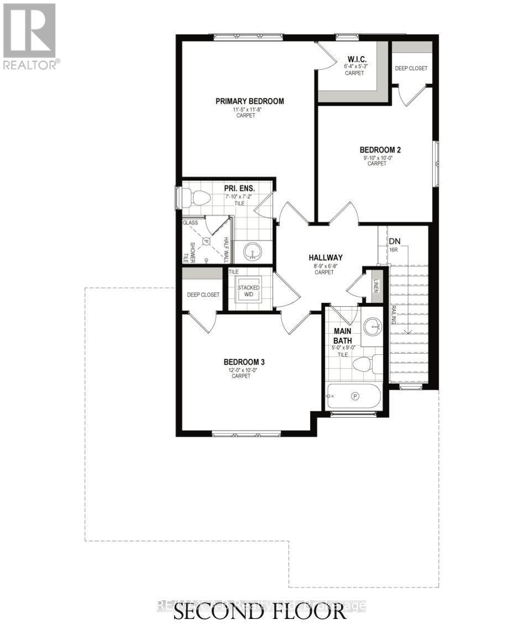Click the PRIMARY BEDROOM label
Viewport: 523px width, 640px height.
pyautogui.click(x=249, y=101)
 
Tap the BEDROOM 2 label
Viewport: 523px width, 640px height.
pyautogui.click(x=380, y=150)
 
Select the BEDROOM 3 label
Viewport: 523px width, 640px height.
pyautogui.click(x=244, y=362)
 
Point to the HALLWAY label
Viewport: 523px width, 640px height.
pyautogui.click(x=326, y=258)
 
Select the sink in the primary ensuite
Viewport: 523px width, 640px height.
pyautogui.click(x=253, y=254)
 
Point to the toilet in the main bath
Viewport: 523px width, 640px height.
pyautogui.click(x=365, y=364)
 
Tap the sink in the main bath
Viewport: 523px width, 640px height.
pyautogui.click(x=373, y=326)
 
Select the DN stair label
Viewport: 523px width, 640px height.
pyautogui.click(x=395, y=242)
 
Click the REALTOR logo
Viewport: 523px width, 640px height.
pyautogui.click(x=30, y=36)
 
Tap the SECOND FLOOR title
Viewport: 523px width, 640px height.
pyautogui.click(x=261, y=612)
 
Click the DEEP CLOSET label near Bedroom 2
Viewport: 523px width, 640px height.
pyautogui.click(x=411, y=69)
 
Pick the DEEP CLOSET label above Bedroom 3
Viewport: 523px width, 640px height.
pyautogui.click(x=202, y=295)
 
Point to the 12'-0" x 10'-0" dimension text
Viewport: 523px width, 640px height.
pyautogui.click(x=244, y=370)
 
